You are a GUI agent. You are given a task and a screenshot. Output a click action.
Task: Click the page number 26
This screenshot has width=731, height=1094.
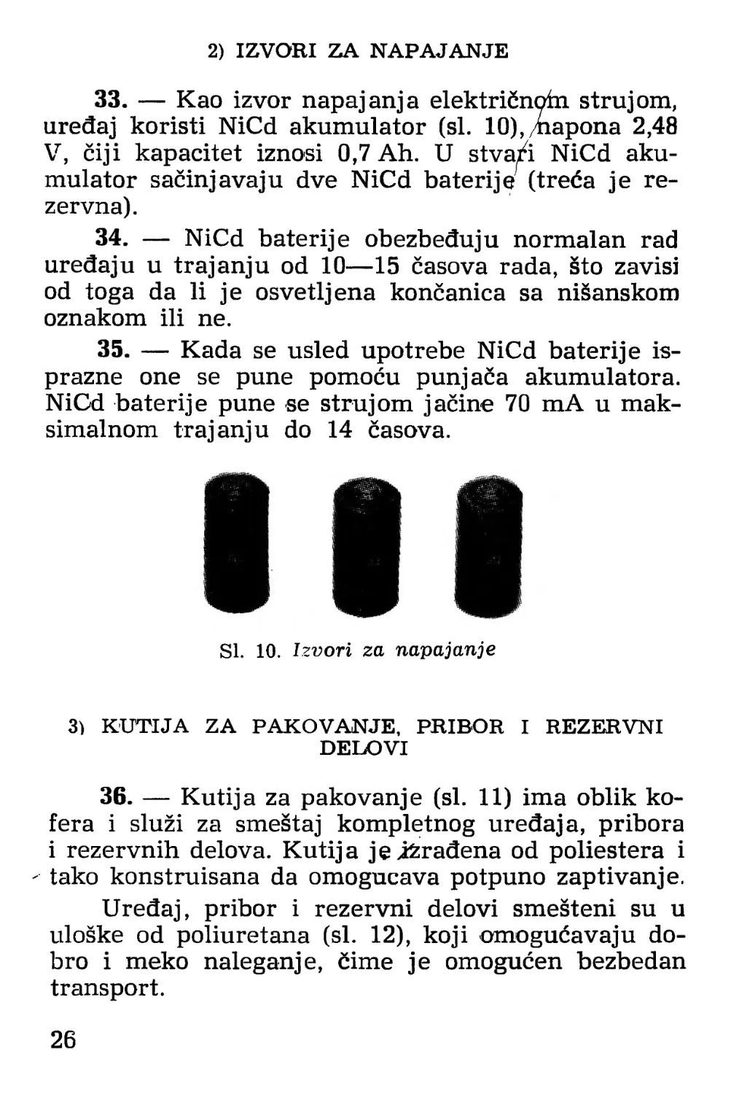point(63,1039)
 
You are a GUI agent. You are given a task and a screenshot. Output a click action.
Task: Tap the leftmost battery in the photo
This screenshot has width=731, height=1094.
point(237,544)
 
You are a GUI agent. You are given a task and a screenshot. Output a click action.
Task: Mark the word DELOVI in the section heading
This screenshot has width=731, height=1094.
point(364,748)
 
